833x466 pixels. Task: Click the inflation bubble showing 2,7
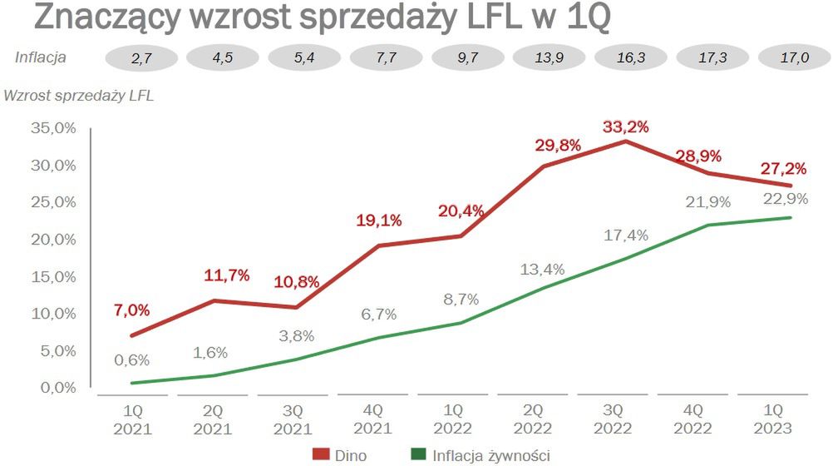(x=140, y=59)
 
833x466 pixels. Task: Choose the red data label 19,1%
(x=380, y=221)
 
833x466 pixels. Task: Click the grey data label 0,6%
(x=132, y=359)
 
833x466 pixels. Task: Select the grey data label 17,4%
(x=626, y=235)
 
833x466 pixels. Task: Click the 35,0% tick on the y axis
(x=52, y=128)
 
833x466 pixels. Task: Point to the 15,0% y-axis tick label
(x=52, y=276)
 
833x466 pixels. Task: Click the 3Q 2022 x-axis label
(x=614, y=419)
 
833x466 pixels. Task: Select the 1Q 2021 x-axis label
(x=131, y=419)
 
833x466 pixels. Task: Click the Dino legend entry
(x=339, y=454)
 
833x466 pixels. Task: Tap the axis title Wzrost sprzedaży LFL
(x=79, y=95)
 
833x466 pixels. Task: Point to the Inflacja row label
(x=41, y=57)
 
